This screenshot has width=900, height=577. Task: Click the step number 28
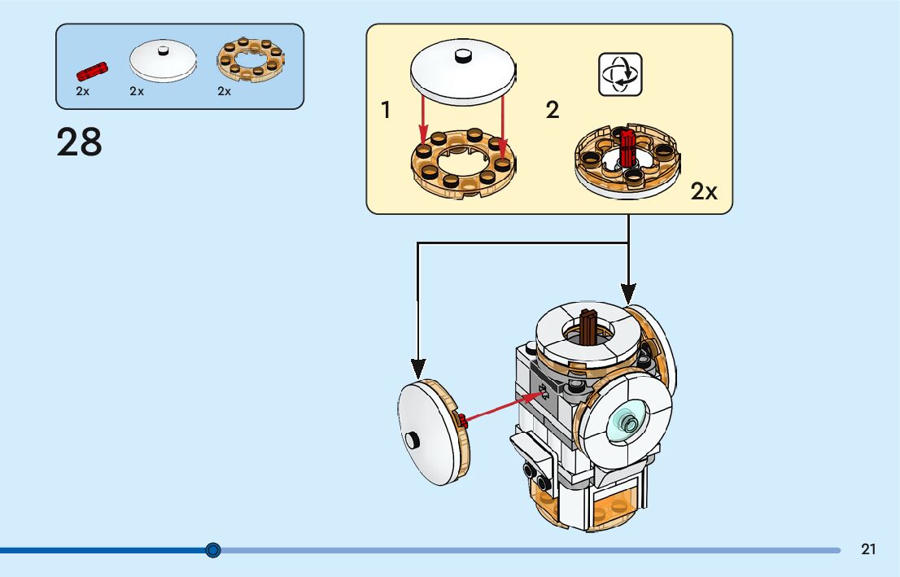tap(80, 142)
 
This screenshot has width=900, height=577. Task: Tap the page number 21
tap(868, 549)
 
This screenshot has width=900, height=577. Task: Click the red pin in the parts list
tap(92, 70)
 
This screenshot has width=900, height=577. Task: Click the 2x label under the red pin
tap(82, 91)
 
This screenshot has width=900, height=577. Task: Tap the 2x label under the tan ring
tap(224, 91)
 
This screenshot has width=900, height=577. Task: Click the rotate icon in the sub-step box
tap(620, 74)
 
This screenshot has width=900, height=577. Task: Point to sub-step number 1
tap(386, 111)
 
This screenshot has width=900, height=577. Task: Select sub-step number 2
tap(553, 111)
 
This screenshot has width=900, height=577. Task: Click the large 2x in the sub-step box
tap(704, 192)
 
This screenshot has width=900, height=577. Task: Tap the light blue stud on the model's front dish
tap(628, 422)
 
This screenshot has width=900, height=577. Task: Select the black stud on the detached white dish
tap(413, 439)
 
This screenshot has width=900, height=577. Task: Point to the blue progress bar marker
tap(213, 550)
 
